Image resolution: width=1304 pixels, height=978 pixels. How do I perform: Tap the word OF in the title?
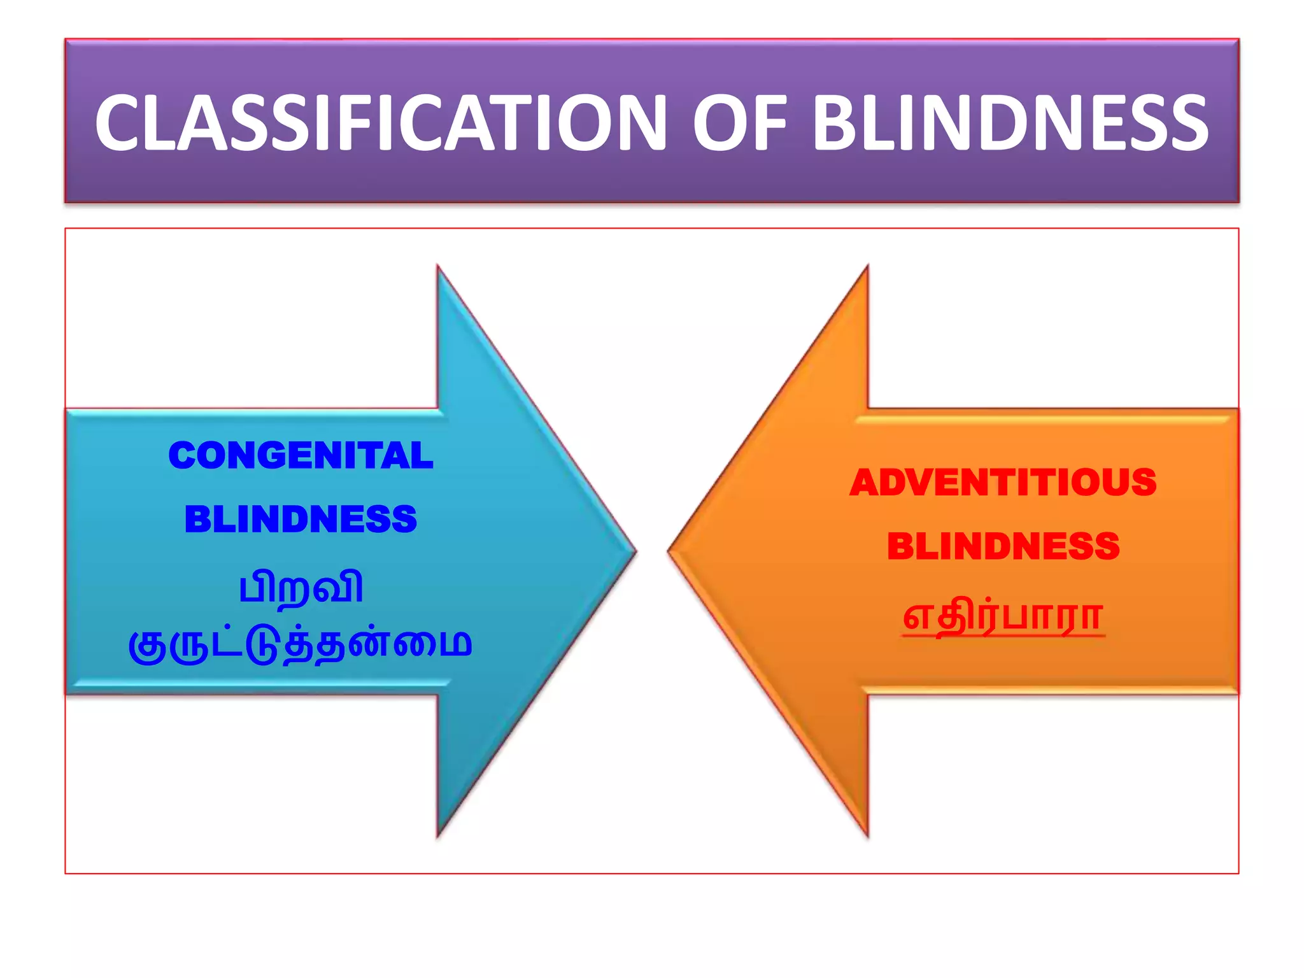[x=738, y=123]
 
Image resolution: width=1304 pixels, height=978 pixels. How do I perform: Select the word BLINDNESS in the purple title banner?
[x=1010, y=123]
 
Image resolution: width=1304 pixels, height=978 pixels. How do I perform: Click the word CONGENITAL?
[x=301, y=456]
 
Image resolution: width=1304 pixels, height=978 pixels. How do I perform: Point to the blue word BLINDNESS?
[x=301, y=520]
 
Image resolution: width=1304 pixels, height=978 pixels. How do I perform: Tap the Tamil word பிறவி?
[x=301, y=587]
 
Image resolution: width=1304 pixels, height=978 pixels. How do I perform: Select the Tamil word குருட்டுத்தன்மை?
[x=301, y=644]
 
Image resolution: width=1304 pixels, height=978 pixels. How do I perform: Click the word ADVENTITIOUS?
[x=1003, y=483]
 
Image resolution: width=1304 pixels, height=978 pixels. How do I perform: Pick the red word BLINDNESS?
[x=1003, y=546]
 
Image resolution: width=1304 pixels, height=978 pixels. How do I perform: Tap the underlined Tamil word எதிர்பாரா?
[x=1003, y=616]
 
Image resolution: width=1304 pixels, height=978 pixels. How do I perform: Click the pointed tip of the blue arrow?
[x=633, y=551]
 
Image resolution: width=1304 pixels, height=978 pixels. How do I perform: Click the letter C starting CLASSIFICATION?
[x=125, y=123]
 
